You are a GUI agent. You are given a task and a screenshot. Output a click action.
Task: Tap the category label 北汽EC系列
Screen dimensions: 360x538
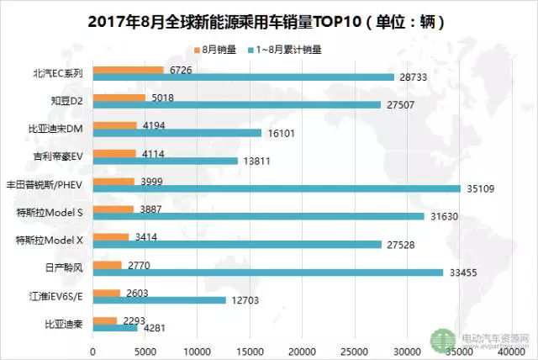click(x=55, y=72)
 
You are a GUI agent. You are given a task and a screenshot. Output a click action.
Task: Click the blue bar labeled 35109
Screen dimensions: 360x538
click(x=277, y=188)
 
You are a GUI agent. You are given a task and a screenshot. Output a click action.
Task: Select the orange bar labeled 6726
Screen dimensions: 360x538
click(x=128, y=70)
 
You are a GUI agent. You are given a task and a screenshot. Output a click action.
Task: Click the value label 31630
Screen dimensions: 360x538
click(x=446, y=216)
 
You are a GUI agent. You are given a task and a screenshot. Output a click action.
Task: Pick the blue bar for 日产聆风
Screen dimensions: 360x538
click(x=268, y=272)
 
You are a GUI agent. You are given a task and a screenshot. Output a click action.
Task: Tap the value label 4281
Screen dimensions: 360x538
click(x=154, y=328)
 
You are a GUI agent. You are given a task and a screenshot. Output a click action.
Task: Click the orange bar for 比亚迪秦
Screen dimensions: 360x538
click(x=104, y=320)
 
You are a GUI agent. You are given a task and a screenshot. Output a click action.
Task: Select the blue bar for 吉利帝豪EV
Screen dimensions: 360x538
click(x=165, y=160)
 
